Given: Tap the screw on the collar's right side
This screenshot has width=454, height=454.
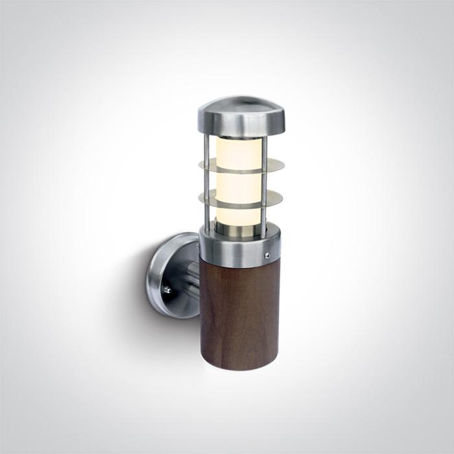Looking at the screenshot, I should (x=267, y=256).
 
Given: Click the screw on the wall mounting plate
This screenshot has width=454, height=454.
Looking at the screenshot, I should (x=167, y=290).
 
